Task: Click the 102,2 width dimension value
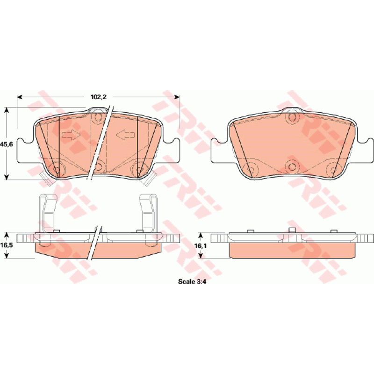click(99, 97)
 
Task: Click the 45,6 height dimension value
click(7, 144)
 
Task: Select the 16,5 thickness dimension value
click(7, 245)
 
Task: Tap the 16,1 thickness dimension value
click(201, 246)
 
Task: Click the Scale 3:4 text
click(192, 281)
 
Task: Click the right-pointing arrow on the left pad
click(71, 135)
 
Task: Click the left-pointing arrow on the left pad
click(125, 135)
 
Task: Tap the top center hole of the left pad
click(98, 117)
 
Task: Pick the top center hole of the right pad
click(292, 117)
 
